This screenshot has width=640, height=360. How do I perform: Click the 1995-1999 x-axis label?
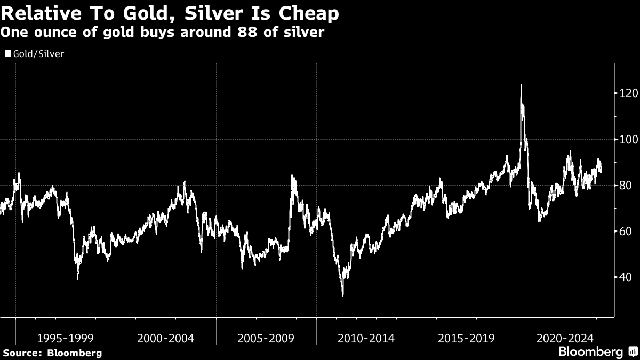click(66, 338)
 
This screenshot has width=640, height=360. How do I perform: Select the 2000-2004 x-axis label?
click(166, 338)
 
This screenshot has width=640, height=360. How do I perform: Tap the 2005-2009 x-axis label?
click(266, 338)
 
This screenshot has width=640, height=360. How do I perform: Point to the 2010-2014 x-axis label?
click(366, 338)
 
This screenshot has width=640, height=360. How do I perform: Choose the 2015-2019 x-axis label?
click(467, 338)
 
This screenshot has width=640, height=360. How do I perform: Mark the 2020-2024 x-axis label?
click(566, 338)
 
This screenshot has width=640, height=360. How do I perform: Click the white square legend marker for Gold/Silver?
click(8, 54)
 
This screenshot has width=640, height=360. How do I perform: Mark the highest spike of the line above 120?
click(521, 85)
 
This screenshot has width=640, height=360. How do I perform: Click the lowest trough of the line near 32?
click(342, 295)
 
